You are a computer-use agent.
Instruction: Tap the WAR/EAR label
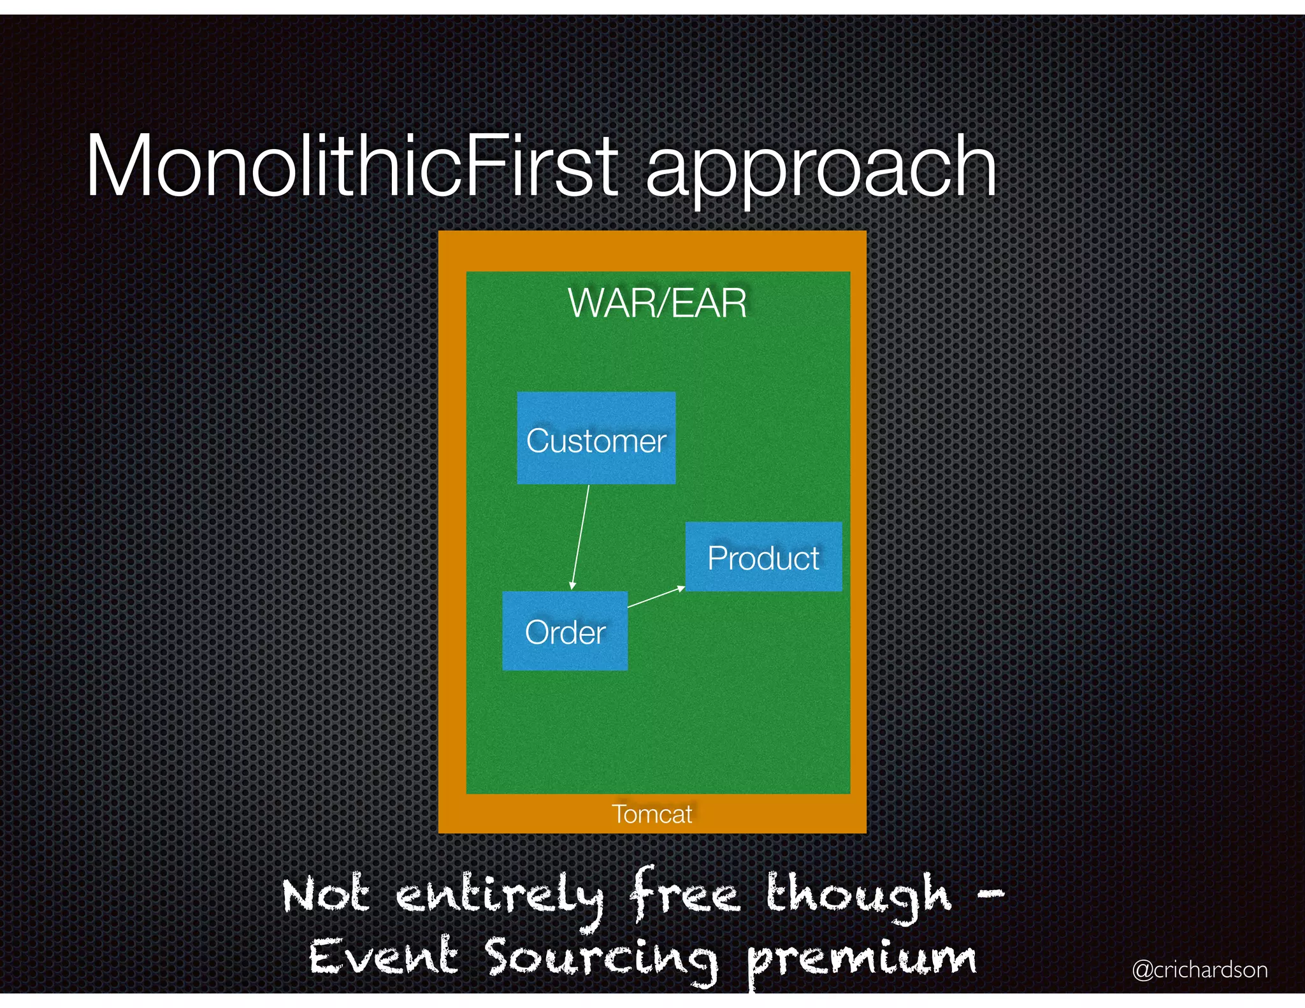[657, 303]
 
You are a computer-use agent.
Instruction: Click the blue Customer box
[596, 438]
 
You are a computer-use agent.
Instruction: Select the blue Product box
[763, 557]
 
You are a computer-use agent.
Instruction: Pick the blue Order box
[565, 631]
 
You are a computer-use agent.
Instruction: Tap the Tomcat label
[652, 814]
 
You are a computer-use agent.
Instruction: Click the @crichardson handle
[1200, 969]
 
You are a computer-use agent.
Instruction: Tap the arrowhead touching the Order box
[572, 585]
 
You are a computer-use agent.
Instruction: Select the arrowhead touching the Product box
[681, 588]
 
